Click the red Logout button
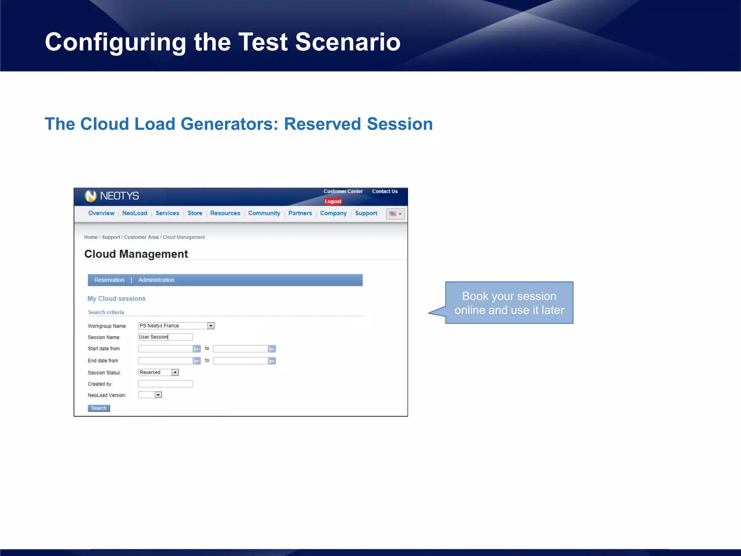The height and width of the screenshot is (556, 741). click(x=333, y=201)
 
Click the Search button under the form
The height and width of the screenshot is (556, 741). click(x=99, y=408)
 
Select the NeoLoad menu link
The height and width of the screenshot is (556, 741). click(x=135, y=213)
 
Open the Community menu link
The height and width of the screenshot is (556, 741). click(x=264, y=213)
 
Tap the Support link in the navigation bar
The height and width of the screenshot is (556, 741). click(x=366, y=213)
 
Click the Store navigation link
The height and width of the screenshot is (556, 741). click(x=195, y=213)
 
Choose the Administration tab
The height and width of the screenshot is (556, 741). click(x=156, y=280)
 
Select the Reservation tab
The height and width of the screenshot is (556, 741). click(x=109, y=280)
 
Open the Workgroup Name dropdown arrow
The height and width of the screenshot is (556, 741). click(x=211, y=326)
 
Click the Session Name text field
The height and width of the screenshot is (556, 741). click(x=165, y=337)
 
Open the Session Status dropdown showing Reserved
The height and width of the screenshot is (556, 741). click(x=158, y=372)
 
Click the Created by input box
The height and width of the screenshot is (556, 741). click(x=165, y=384)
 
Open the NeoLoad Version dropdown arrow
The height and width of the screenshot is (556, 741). click(x=158, y=395)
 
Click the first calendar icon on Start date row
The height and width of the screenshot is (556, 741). click(x=197, y=349)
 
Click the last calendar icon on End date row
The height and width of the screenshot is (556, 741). click(x=272, y=361)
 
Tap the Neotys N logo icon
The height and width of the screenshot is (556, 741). click(x=90, y=196)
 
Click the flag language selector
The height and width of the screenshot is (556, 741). click(x=395, y=214)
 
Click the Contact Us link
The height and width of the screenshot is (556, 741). click(x=385, y=191)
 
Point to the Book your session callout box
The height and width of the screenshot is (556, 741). click(x=509, y=303)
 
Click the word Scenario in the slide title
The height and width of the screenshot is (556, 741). click(x=348, y=42)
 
